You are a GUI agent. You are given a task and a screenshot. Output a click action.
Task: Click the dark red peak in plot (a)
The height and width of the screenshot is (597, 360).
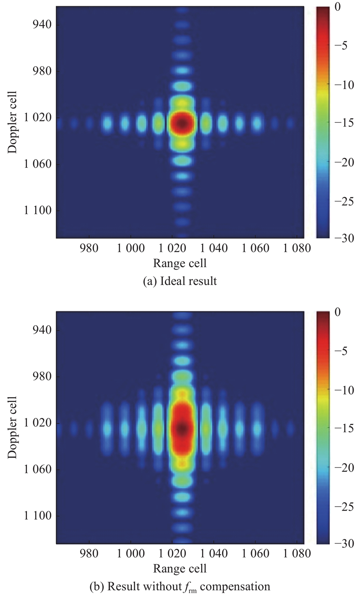point(181,122)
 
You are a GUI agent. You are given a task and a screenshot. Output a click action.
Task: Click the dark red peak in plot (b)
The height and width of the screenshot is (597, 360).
point(181,428)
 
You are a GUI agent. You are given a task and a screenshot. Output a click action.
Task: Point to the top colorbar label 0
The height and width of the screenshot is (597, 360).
point(338,7)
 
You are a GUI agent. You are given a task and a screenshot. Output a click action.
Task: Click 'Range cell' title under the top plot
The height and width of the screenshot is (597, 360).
point(180,263)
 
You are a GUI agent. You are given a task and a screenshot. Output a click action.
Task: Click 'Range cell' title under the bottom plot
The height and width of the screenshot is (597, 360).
point(180,568)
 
